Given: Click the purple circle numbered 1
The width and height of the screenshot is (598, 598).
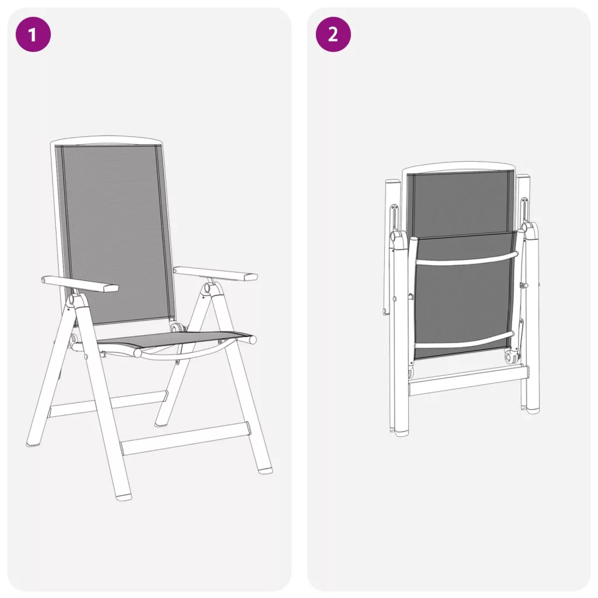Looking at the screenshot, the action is click(33, 34).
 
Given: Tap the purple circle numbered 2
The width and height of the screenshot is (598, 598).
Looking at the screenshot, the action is click(333, 34).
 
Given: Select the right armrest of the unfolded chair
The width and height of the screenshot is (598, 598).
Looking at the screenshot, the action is click(215, 273).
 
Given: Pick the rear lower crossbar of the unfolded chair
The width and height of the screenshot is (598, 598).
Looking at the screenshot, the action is click(108, 404).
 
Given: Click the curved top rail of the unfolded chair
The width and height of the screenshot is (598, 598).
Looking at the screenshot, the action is click(107, 140).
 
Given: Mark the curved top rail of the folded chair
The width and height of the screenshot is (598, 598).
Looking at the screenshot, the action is click(458, 169).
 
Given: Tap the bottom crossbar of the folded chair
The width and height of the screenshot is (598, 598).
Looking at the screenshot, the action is click(468, 380).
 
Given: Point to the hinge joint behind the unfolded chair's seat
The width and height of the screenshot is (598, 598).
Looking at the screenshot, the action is click(177, 328).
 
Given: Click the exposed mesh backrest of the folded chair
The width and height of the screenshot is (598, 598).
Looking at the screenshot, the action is click(460, 202).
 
